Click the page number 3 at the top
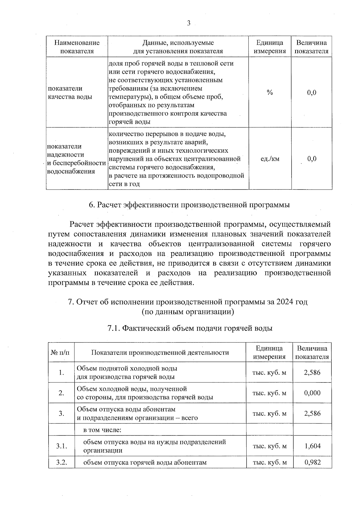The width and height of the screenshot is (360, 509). click(188, 23)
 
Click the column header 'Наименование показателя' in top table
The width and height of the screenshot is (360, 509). click(77, 47)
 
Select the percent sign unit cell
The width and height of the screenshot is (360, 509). click(270, 92)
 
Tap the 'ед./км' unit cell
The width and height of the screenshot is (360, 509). click(270, 159)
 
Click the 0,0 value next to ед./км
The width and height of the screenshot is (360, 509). click(312, 159)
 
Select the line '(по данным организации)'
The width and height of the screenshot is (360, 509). click(188, 312)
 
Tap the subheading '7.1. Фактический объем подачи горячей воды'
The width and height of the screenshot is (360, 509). click(190, 328)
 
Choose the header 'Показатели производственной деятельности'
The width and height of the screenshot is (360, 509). click(160, 352)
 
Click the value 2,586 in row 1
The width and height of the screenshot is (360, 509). click(312, 373)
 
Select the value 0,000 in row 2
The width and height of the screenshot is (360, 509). click(312, 393)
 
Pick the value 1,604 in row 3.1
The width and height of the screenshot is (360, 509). click(312, 446)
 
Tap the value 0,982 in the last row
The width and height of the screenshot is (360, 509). click(312, 462)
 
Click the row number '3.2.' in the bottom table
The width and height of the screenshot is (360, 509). click(61, 462)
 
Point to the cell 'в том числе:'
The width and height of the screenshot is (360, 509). click(102, 430)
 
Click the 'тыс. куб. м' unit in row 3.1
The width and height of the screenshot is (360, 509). click(269, 446)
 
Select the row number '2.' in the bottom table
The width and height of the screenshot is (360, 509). click(61, 393)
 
